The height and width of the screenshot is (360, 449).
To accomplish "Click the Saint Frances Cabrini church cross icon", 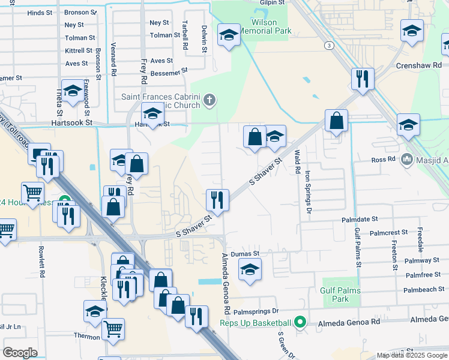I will coord(209,99).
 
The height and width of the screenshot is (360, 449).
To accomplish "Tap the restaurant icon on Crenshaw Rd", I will coord(362,79).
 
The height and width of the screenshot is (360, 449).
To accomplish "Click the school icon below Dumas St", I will coord(250,269).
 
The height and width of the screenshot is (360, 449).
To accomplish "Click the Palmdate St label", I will coord(360,220).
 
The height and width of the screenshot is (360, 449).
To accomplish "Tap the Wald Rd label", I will coord(297,163).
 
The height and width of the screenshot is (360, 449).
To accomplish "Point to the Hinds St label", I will coord(40,12).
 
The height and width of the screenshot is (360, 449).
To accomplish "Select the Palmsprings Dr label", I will coord(256,311).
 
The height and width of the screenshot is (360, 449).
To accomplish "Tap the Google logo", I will coord(20,353).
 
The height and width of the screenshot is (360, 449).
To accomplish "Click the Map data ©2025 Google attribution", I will coord(412,355).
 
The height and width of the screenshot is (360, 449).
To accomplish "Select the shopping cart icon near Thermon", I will coord(112,329).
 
